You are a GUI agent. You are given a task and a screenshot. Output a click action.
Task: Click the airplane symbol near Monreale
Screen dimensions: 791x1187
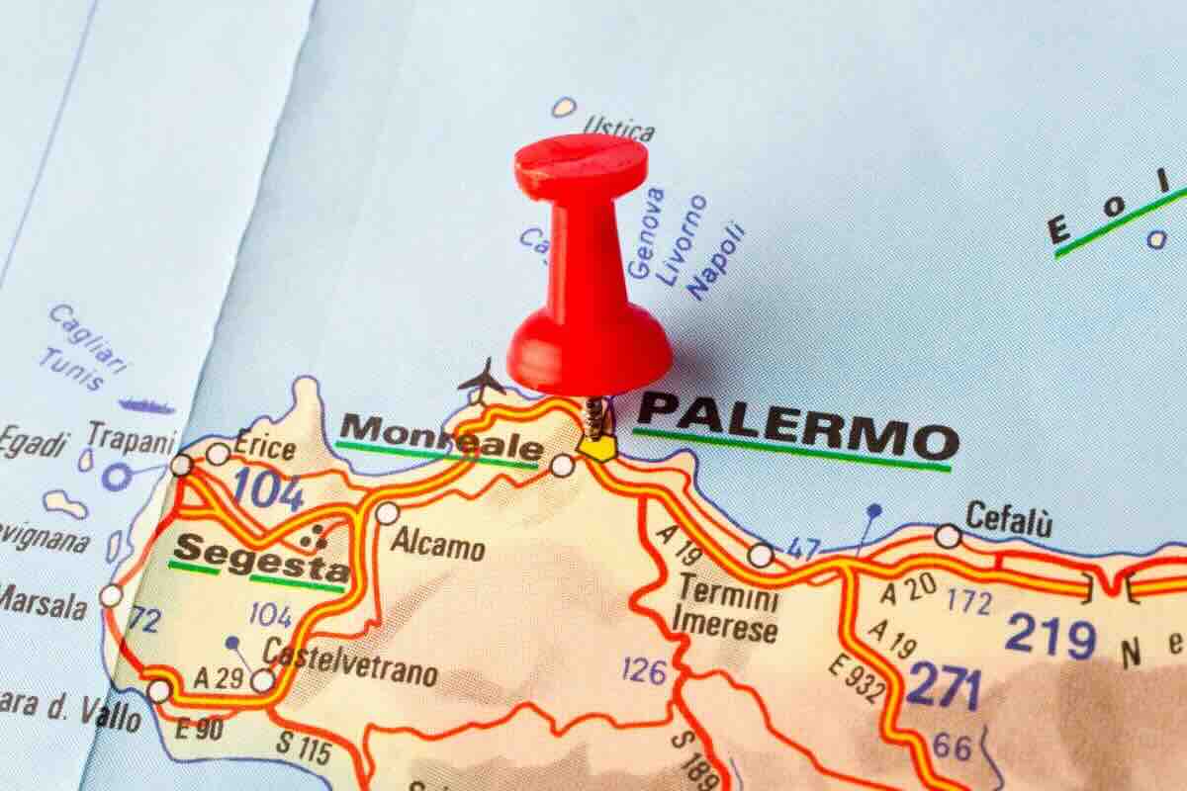click(x=482, y=381)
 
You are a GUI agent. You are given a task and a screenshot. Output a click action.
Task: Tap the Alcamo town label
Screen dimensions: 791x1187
click(x=437, y=545)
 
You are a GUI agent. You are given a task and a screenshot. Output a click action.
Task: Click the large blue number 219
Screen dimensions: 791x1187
click(x=1050, y=635)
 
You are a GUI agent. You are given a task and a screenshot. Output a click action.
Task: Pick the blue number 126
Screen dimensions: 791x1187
click(x=644, y=671)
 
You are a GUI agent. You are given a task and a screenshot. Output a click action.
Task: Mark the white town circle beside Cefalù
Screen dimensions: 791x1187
click(x=948, y=536)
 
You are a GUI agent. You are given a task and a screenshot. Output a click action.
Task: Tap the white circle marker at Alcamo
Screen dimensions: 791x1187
click(x=388, y=513)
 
